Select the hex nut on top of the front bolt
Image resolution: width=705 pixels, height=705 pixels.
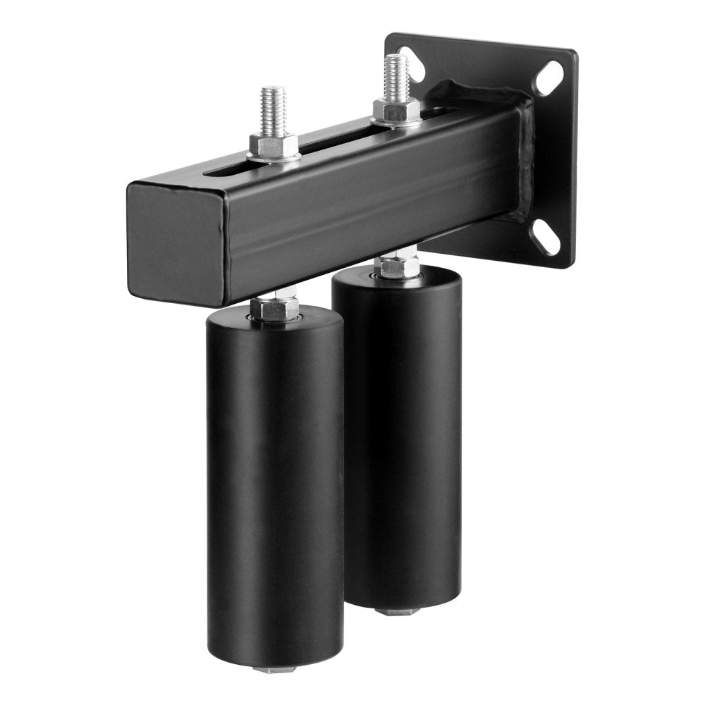273,145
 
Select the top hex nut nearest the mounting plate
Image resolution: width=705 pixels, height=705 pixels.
396,111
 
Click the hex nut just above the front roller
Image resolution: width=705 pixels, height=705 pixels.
274,308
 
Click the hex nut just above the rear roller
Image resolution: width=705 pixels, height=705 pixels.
397,266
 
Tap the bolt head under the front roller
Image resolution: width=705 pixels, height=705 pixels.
275,668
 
